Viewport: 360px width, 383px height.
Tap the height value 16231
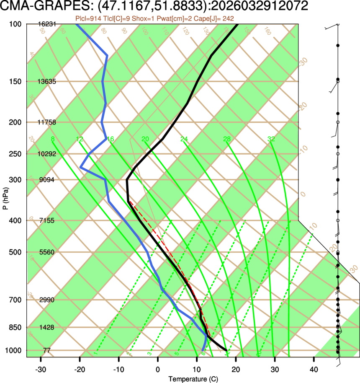click(x=47, y=24)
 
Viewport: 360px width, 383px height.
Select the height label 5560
click(x=47, y=252)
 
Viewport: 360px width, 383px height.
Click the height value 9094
click(x=47, y=180)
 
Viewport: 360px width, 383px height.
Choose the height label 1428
click(x=47, y=327)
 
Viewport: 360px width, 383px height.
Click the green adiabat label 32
click(x=271, y=139)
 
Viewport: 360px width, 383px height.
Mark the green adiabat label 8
click(x=52, y=139)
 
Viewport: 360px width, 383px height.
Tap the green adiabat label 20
click(x=145, y=139)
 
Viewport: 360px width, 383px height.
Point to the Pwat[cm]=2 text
click(x=175, y=18)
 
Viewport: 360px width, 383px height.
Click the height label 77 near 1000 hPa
click(x=47, y=350)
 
